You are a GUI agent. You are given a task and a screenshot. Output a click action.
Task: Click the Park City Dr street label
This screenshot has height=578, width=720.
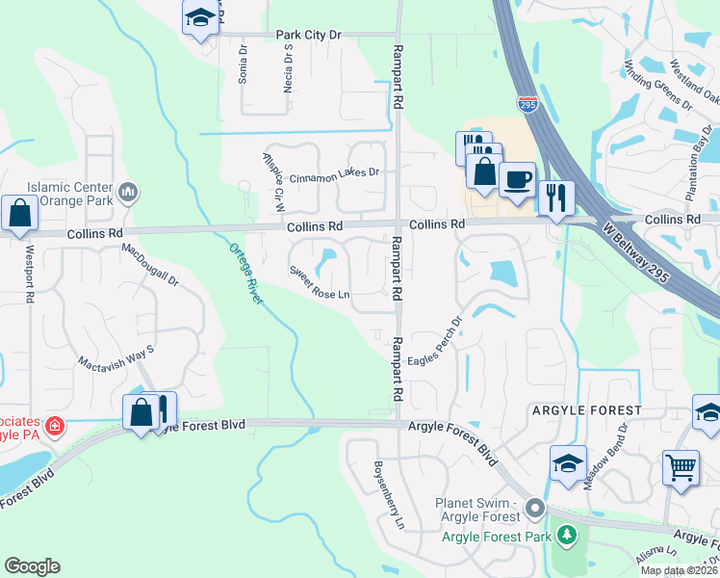pos(309,35)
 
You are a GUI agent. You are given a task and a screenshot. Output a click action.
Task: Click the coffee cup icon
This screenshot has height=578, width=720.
pos(517,179)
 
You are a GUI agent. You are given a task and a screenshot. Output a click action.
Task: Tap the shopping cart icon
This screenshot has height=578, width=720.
pos(681,468)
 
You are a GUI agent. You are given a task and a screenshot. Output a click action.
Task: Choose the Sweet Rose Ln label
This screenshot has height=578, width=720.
pos(320,283)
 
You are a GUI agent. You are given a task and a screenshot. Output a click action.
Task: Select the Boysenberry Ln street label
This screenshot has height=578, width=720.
pos(386,496)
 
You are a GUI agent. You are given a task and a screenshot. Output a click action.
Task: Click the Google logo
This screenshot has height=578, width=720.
pos(32,566)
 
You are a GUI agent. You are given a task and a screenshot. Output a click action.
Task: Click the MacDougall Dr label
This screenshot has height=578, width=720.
pos(150,266)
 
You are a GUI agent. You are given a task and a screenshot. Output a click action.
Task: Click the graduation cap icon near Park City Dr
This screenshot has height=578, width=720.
pos(200,17)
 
